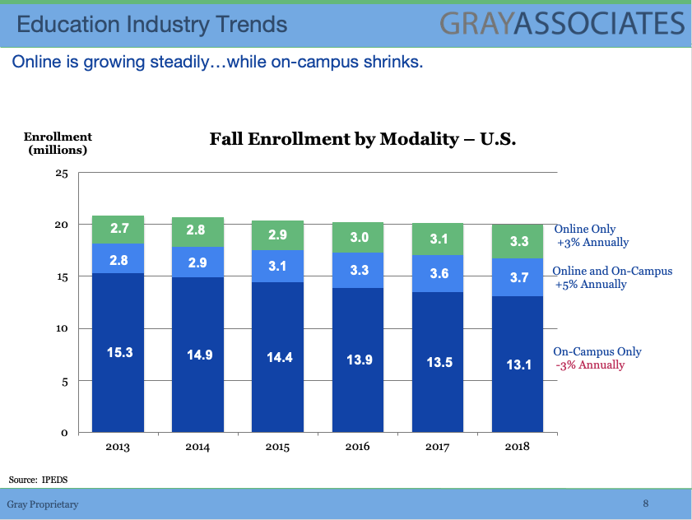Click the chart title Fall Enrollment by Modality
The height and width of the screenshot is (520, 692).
(x=362, y=139)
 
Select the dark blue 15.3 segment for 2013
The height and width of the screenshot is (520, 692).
(x=118, y=352)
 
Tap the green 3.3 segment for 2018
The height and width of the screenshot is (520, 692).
(x=518, y=242)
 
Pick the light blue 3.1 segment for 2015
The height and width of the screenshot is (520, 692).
(x=278, y=267)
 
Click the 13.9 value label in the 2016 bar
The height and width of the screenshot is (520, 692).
(x=358, y=360)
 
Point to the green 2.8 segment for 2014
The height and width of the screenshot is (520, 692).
(x=197, y=231)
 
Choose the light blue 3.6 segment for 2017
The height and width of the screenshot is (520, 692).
(x=439, y=273)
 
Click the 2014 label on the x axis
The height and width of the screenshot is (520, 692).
(x=197, y=447)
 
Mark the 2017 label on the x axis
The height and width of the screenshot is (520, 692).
(x=439, y=447)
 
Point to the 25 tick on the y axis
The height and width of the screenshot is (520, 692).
(x=61, y=173)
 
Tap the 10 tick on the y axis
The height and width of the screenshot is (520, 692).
(x=61, y=329)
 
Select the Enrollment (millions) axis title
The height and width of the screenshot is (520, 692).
(x=58, y=143)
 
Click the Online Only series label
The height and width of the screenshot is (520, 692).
(x=585, y=230)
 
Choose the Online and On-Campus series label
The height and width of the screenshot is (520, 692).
(x=612, y=272)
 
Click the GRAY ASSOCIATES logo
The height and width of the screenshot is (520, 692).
(x=561, y=23)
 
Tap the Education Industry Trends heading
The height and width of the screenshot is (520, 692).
(x=152, y=25)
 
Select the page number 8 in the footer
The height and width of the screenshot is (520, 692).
(x=646, y=503)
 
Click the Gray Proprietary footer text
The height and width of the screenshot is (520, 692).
(x=43, y=504)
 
